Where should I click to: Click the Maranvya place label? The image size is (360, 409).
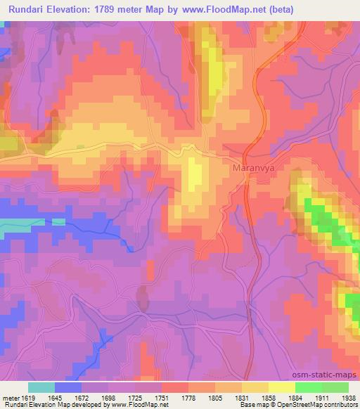click(250, 169)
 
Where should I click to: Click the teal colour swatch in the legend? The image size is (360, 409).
click(41, 387)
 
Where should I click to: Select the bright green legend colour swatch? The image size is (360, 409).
click(308, 387)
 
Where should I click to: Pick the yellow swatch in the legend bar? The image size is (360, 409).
click(281, 387)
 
